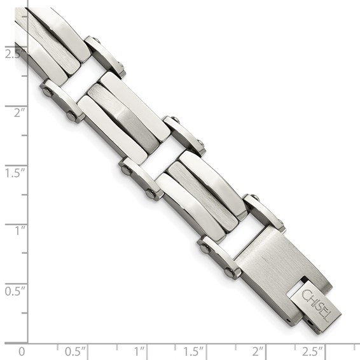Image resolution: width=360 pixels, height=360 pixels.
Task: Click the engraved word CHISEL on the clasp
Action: pos(315,304)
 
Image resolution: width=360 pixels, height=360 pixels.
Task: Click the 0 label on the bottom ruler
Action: pos(22,351)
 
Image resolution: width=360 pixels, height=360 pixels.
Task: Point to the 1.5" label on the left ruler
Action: pos(13,172)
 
